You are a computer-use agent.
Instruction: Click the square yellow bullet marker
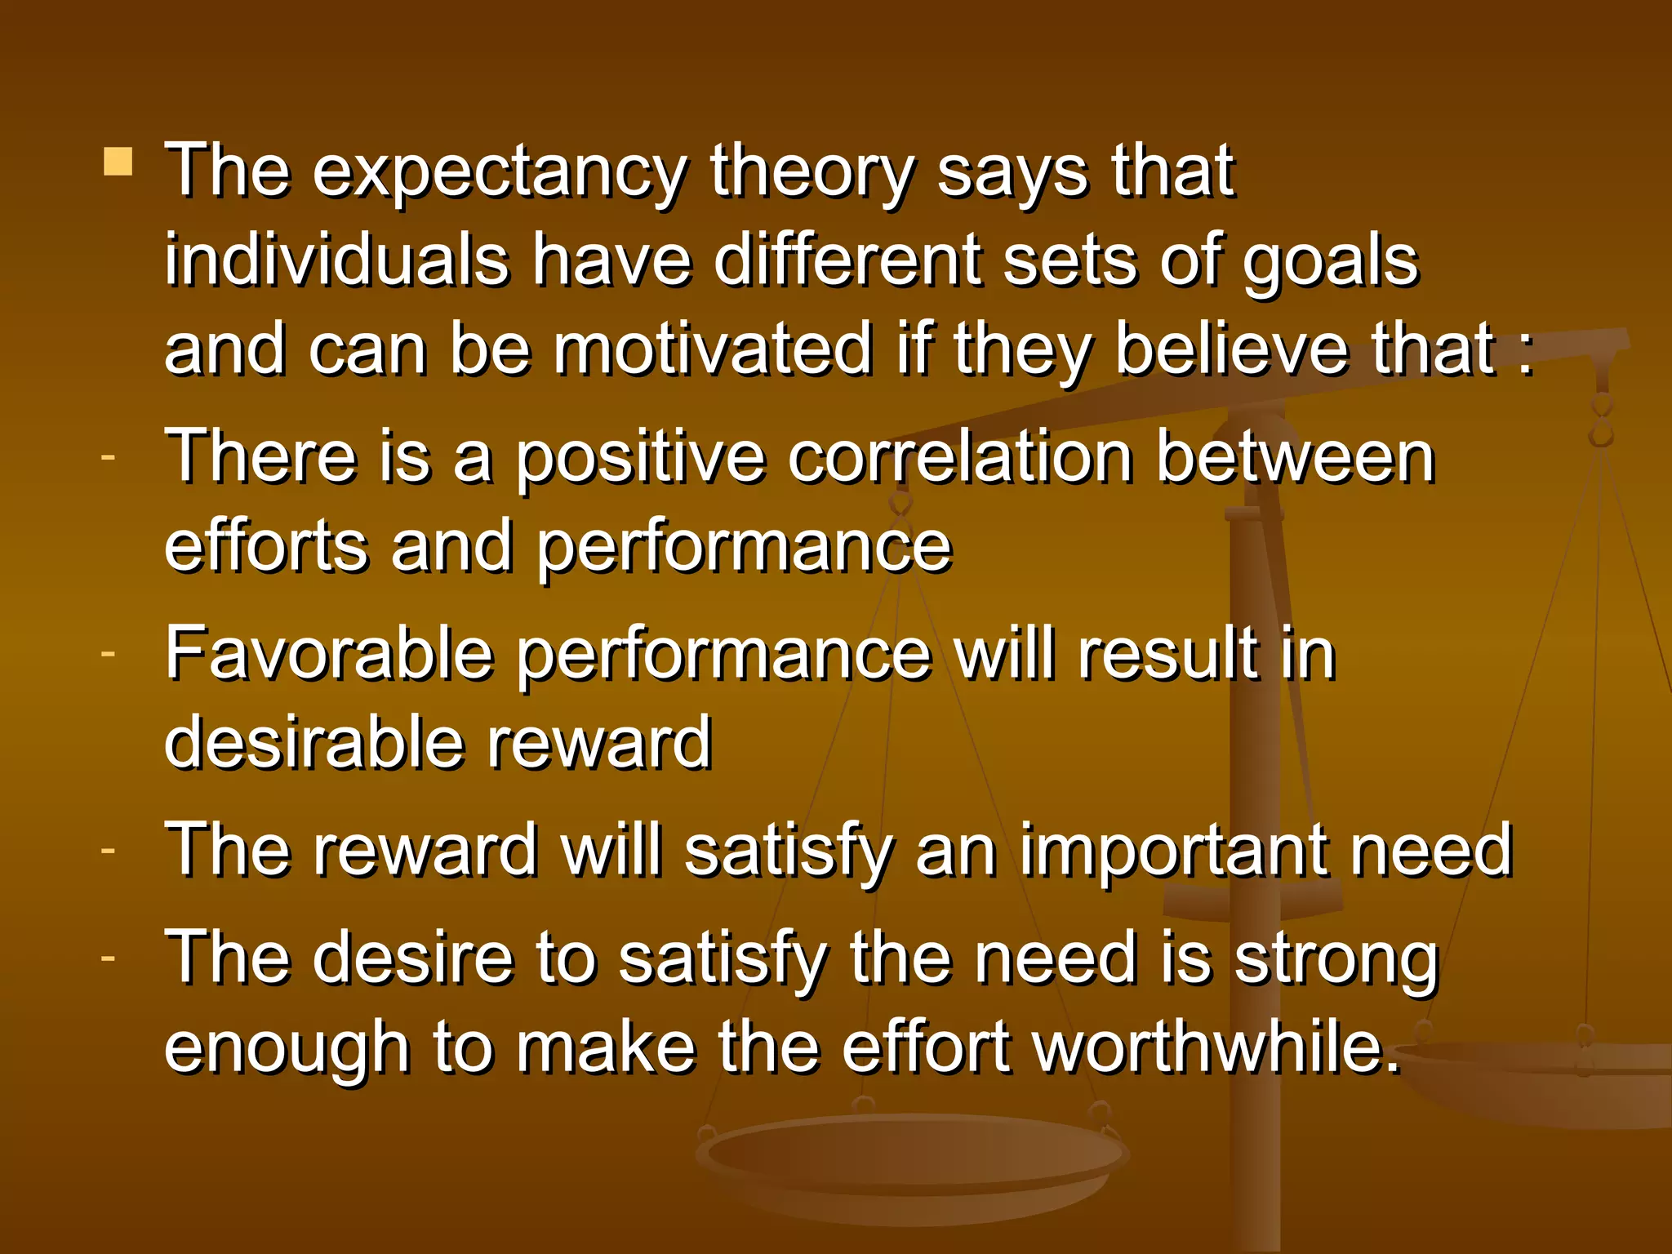[x=118, y=162]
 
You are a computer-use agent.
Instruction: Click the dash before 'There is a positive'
[x=108, y=457]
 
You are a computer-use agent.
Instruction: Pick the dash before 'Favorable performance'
[x=108, y=653]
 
